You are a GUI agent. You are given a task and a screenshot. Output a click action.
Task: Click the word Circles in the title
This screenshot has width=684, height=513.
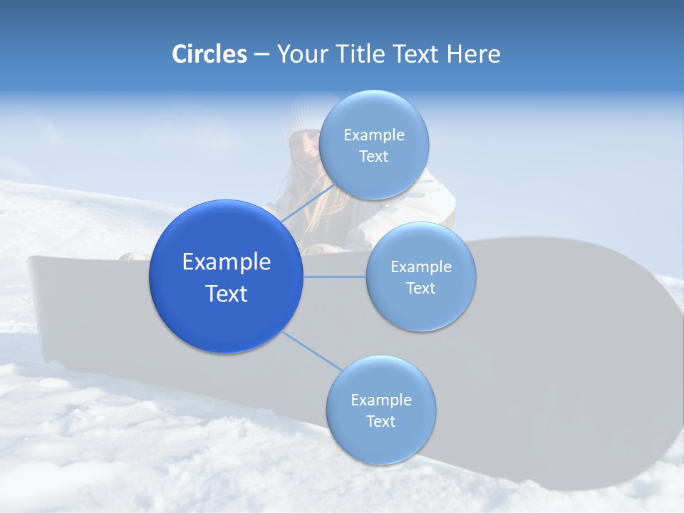pyautogui.click(x=209, y=54)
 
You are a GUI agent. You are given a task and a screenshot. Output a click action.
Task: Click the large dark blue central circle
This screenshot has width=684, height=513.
pyautogui.click(x=226, y=276)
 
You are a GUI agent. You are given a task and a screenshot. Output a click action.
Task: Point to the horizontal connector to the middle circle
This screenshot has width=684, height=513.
pyautogui.click(x=334, y=276)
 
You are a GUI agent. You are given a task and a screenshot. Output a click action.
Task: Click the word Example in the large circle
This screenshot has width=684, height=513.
pyautogui.click(x=227, y=262)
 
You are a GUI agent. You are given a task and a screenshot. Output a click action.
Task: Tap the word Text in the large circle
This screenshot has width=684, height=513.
pyautogui.click(x=227, y=294)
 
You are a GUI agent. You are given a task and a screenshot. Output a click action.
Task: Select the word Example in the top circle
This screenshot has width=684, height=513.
pyautogui.click(x=374, y=135)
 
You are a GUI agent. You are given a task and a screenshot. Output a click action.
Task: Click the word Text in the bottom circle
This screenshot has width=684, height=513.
pyautogui.click(x=381, y=421)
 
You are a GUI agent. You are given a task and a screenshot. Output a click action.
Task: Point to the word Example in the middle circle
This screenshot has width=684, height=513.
pyautogui.click(x=421, y=267)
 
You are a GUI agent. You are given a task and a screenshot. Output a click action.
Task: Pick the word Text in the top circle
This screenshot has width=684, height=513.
pyautogui.click(x=374, y=157)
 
